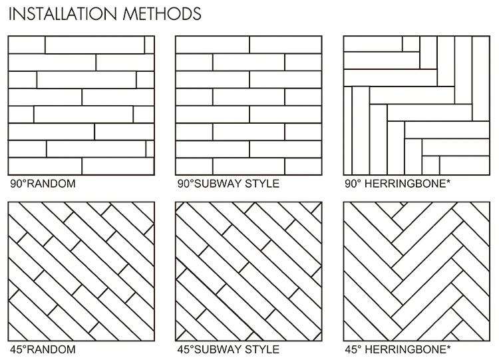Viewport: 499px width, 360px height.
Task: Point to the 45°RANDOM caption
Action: (x=42, y=349)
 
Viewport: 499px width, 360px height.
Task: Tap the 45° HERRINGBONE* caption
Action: (x=397, y=349)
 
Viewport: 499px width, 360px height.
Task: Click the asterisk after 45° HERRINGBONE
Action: (x=448, y=347)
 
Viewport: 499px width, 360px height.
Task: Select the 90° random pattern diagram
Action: (x=81, y=104)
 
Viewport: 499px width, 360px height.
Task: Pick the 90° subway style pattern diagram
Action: (x=248, y=104)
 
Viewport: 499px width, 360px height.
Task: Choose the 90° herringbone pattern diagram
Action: (x=416, y=104)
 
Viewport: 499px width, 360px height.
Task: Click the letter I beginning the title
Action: (x=10, y=13)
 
